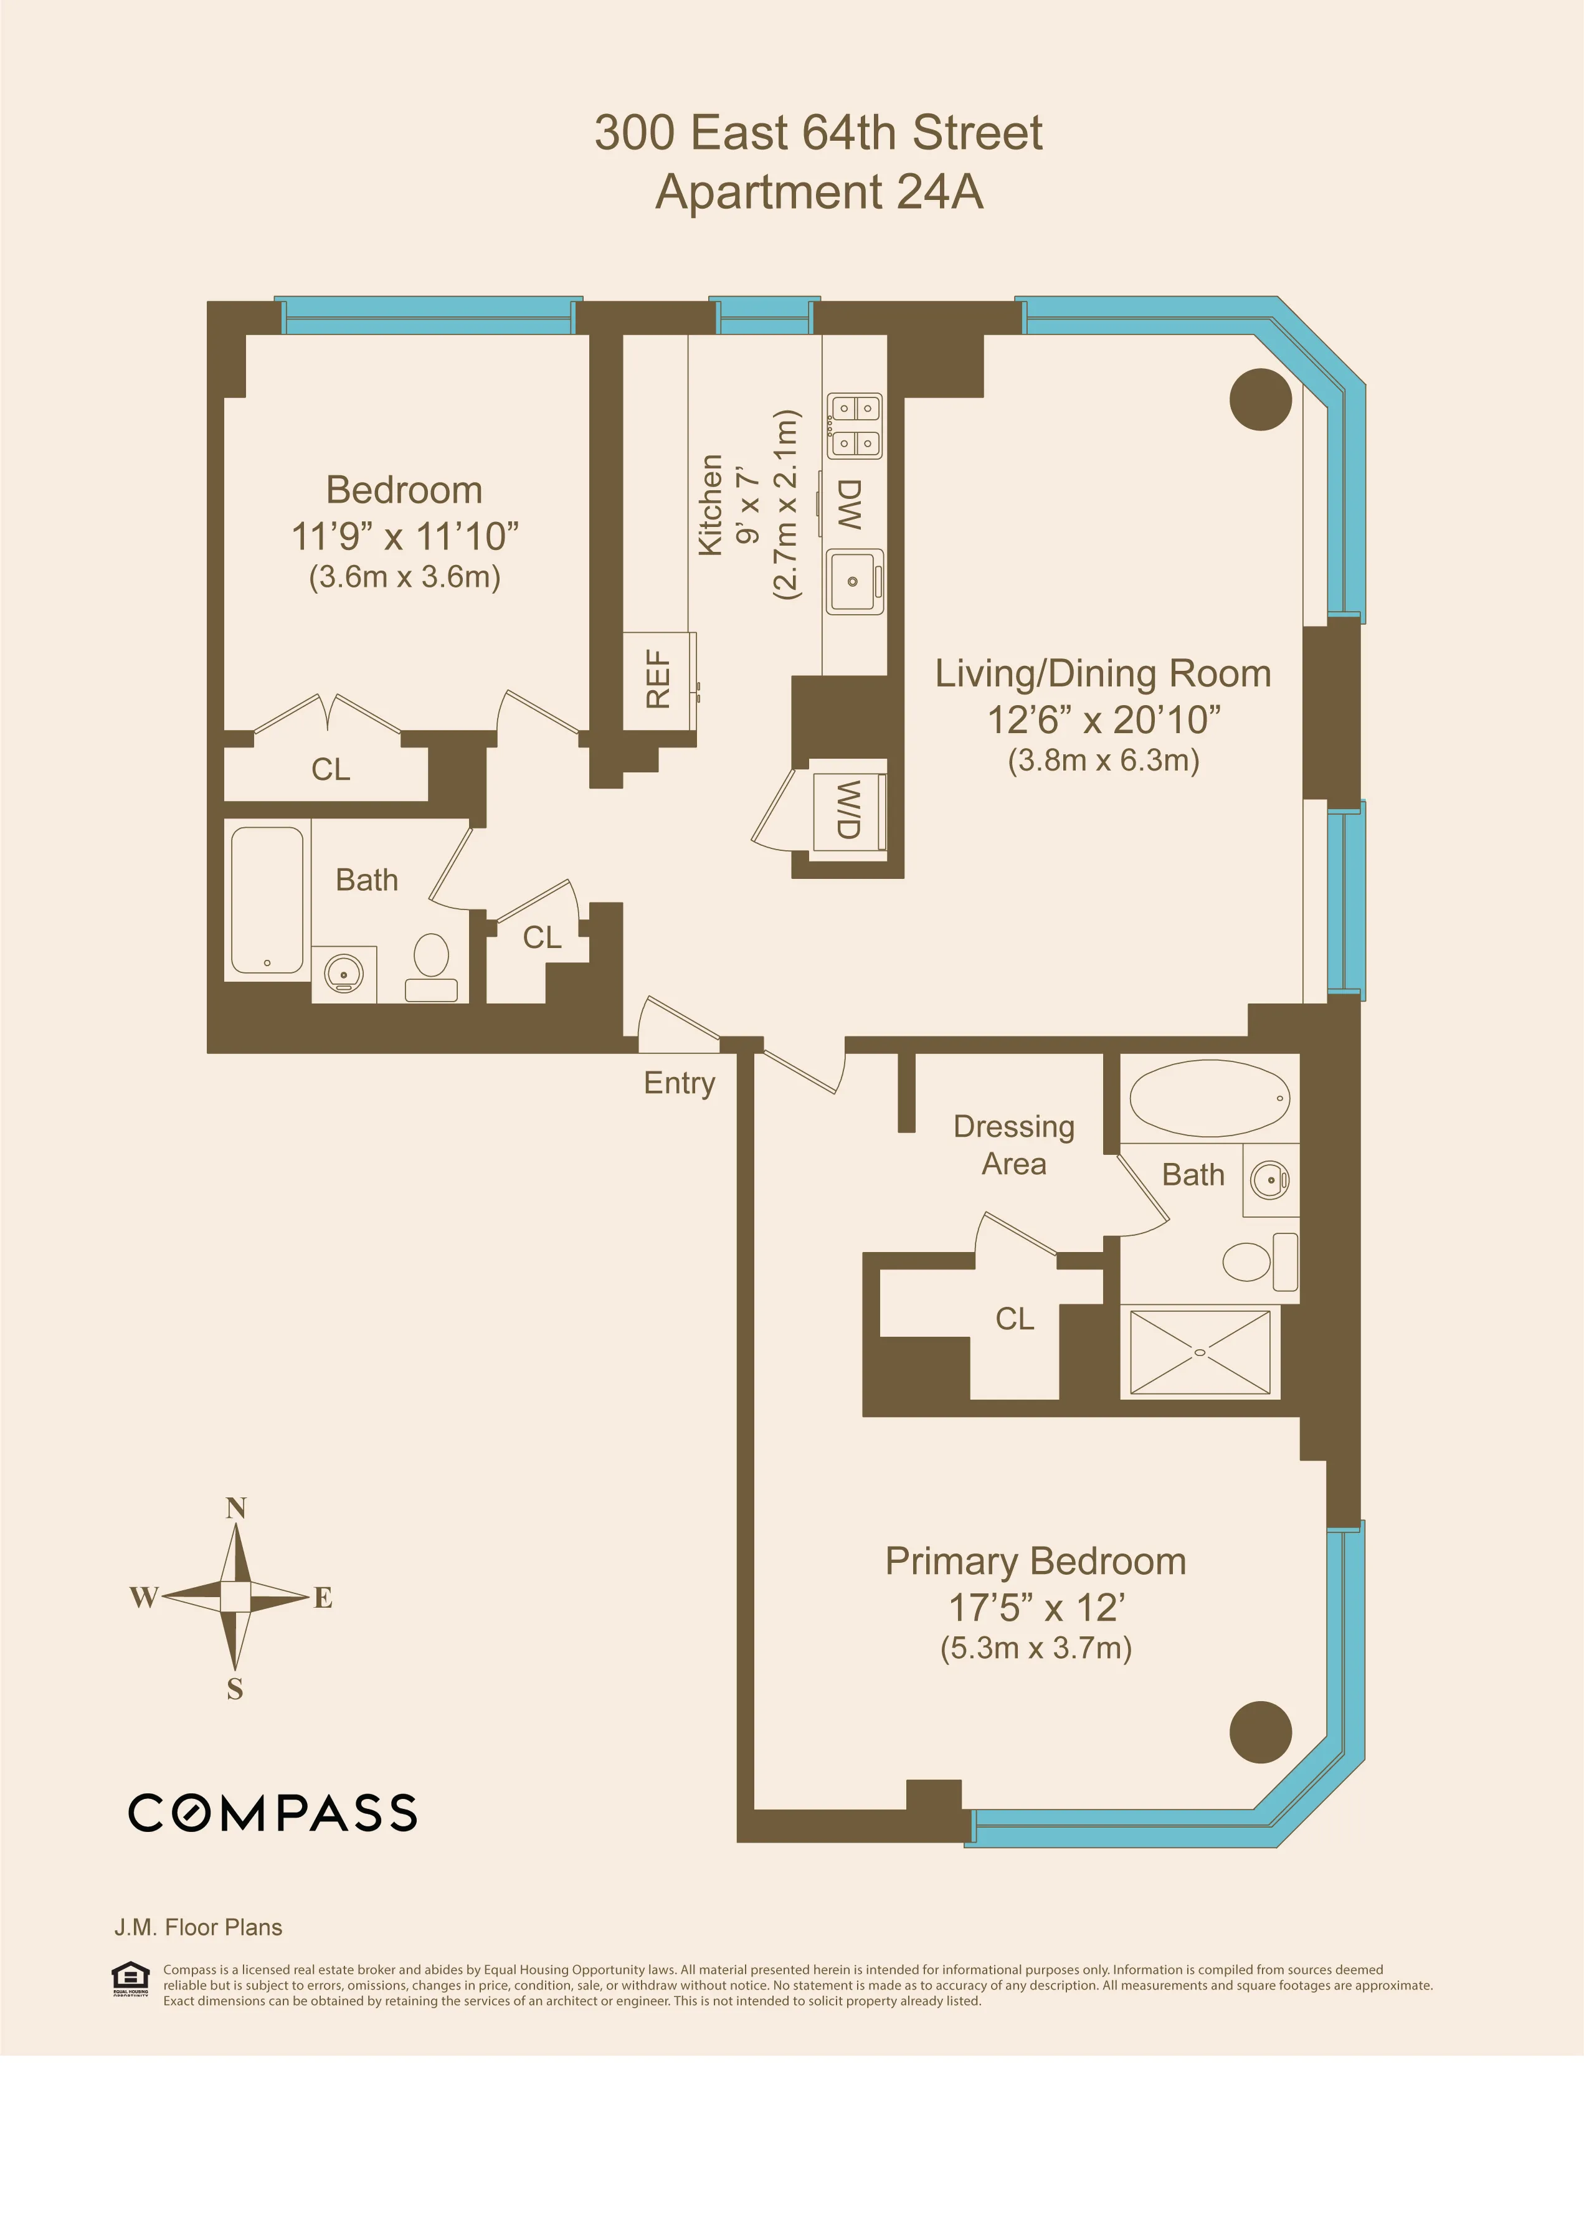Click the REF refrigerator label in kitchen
coord(658,679)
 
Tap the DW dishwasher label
coord(850,505)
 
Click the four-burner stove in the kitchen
coord(855,425)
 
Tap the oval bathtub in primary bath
coord(1210,1098)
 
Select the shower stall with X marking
coord(1200,1352)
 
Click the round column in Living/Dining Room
coord(1260,399)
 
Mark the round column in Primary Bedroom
coord(1260,1732)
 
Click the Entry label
coord(679,1083)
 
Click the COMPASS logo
coord(272,1813)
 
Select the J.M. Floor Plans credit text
coord(198,1927)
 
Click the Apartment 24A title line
coord(818,192)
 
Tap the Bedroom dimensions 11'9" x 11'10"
coord(405,536)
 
